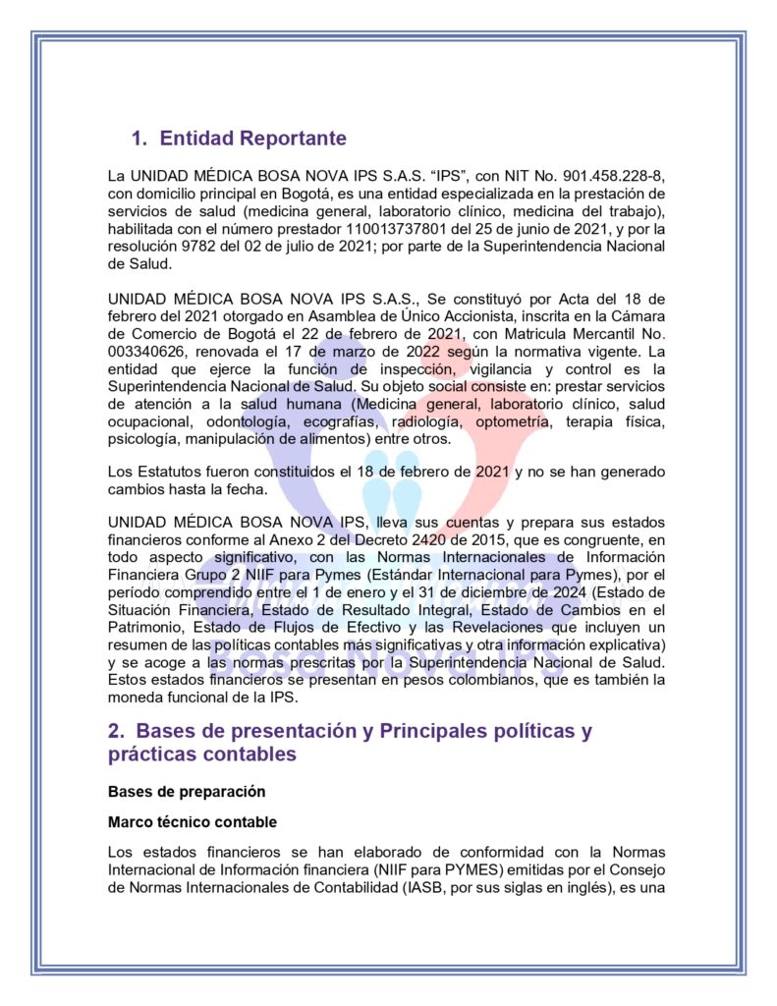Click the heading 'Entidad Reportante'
point(252,139)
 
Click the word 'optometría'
point(512,422)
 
